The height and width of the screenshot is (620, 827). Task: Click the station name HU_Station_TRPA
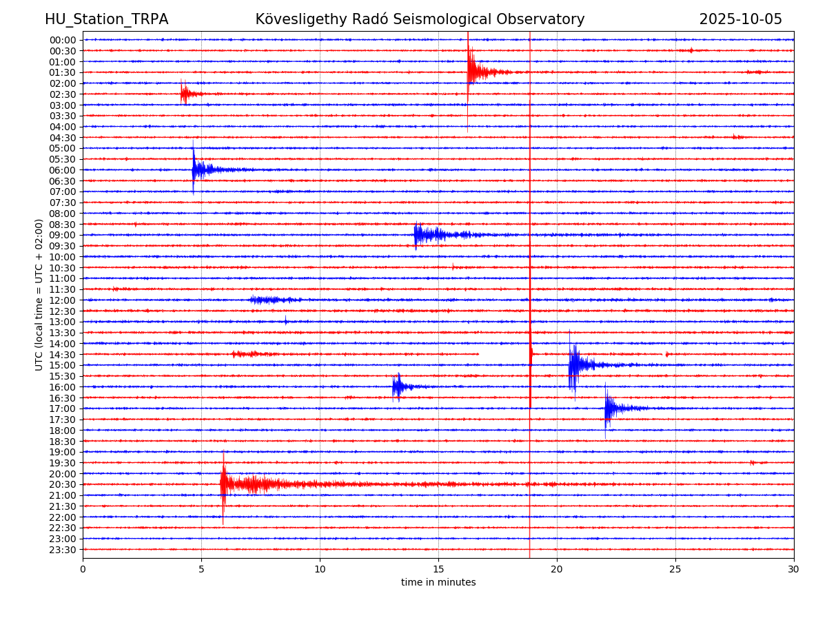pos(106,19)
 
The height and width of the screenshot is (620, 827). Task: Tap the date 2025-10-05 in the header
pos(740,19)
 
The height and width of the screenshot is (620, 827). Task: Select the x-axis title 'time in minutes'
pos(438,583)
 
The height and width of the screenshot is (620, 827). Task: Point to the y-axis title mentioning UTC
pos(39,295)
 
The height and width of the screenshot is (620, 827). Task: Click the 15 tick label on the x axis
pos(438,569)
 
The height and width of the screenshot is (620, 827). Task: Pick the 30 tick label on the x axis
pos(793,569)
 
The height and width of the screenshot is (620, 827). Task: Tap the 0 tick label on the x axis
pos(83,569)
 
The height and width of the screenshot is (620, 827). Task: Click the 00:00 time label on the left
pos(63,40)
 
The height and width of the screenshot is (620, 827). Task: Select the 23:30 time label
pos(63,550)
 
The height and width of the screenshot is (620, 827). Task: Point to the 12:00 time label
pos(63,300)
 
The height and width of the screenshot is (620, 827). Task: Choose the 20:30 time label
pos(63,485)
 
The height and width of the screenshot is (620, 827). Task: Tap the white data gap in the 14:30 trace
pos(503,354)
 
